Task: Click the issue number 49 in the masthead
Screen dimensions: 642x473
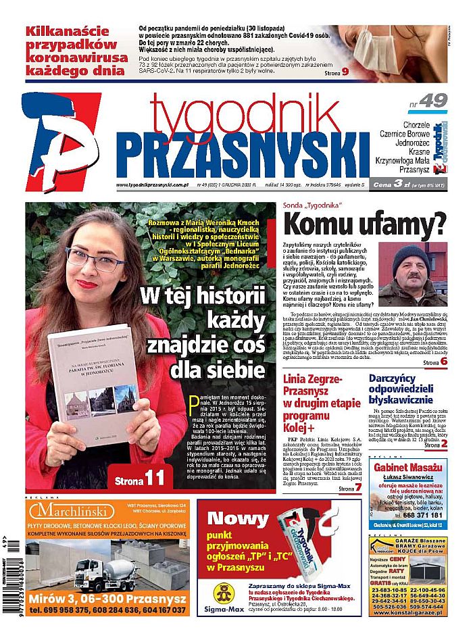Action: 432,100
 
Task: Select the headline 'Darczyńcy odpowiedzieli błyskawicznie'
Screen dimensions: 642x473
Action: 407,390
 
